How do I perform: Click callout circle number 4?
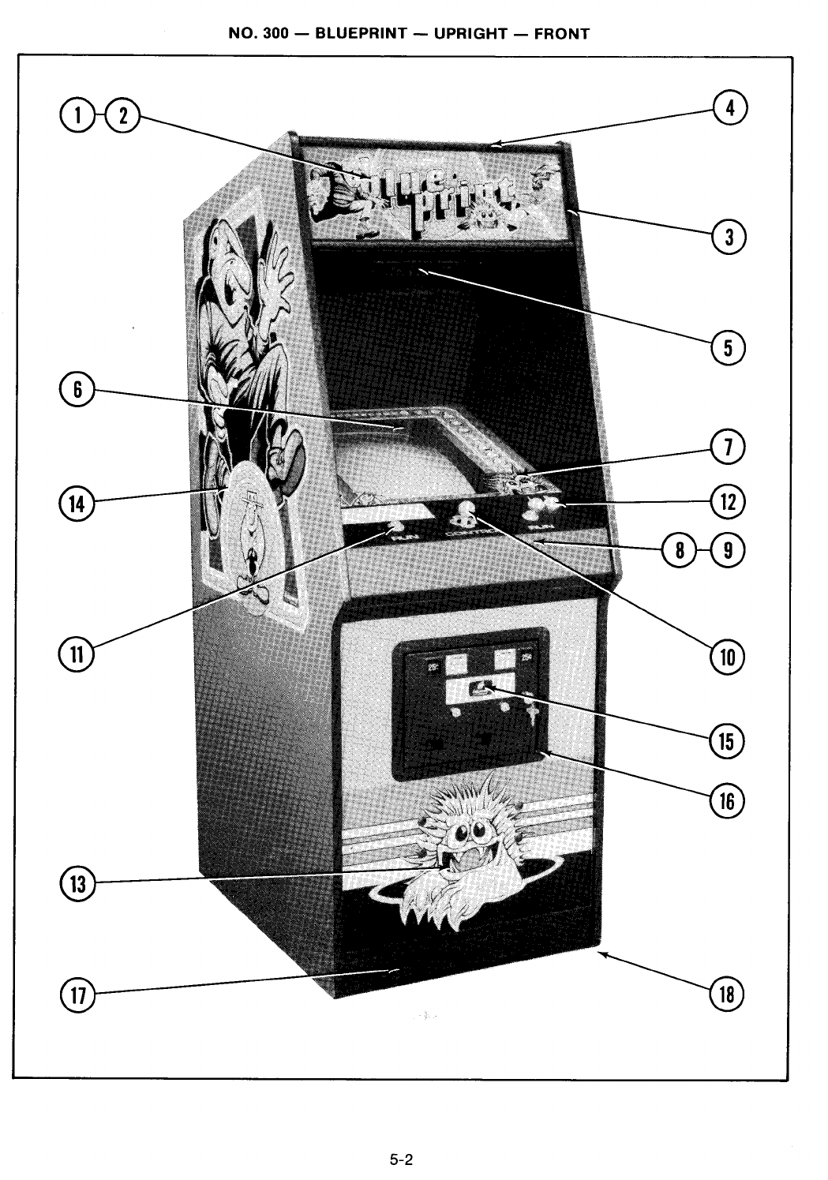click(x=730, y=108)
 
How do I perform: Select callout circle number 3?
click(x=729, y=236)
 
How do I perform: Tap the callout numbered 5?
click(x=728, y=347)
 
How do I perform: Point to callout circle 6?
click(x=77, y=390)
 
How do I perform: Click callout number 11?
click(x=77, y=655)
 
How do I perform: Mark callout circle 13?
click(x=77, y=884)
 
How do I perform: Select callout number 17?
click(x=77, y=995)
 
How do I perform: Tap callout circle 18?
click(x=727, y=995)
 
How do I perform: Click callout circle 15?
click(x=727, y=741)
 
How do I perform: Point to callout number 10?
click(x=727, y=656)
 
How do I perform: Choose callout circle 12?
click(x=727, y=501)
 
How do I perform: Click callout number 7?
click(x=727, y=448)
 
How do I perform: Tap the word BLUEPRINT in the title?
click(x=361, y=34)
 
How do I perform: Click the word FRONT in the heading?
click(x=561, y=34)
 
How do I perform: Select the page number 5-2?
click(x=402, y=1160)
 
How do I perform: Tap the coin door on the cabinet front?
click(x=470, y=702)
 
